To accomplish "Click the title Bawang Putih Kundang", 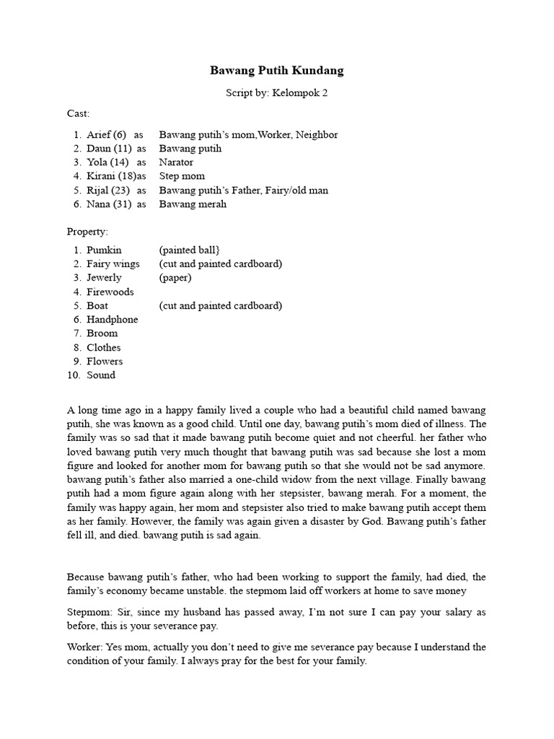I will [277, 71].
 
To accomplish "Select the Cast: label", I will [78, 114].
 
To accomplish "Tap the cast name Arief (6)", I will [107, 135].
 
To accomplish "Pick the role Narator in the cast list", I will [177, 162].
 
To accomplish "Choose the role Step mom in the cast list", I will [182, 176].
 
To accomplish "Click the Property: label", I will [87, 232].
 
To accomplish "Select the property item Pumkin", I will [105, 250].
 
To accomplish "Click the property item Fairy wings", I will [113, 264].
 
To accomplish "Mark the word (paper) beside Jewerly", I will [176, 278].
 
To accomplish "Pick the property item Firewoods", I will [110, 292].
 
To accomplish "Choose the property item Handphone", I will [113, 320].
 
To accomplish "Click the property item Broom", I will [102, 333].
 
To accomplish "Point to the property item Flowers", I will [105, 362].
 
